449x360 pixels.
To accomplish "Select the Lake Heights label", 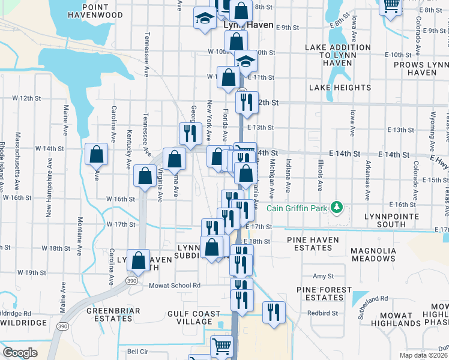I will tap(340, 88).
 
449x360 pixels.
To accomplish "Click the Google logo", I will tap(20, 353).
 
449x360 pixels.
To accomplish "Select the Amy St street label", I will tap(322, 276).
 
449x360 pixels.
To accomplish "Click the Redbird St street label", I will tap(323, 313).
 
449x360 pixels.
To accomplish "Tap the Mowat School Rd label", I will tap(174, 286).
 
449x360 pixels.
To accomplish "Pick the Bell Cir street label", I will tap(137, 352).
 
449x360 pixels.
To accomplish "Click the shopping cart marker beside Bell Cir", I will tap(221, 347).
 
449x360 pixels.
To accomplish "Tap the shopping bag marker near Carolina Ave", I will tap(96, 155).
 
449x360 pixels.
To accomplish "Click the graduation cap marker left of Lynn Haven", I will tap(205, 19).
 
